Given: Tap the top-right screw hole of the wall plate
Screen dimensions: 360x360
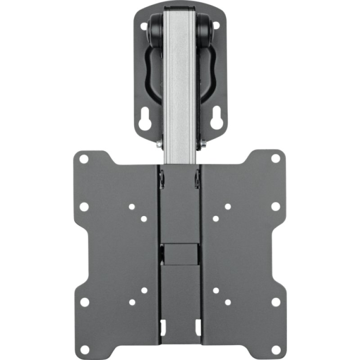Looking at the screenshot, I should click(x=216, y=26).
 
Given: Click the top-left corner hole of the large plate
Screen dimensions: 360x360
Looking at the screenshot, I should click(x=84, y=159).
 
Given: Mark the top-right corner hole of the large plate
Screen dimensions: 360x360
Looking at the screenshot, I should click(x=275, y=159).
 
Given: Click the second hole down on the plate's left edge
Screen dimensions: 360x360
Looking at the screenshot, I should click(x=84, y=207).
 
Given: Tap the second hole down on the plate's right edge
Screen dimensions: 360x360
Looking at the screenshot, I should click(x=275, y=207).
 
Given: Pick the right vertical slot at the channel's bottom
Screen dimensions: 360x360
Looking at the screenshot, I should click(x=197, y=324).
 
